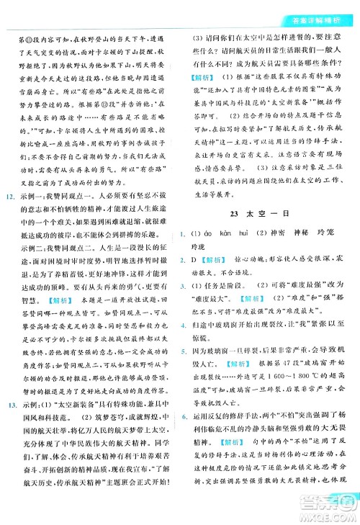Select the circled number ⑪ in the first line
point(29,34)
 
